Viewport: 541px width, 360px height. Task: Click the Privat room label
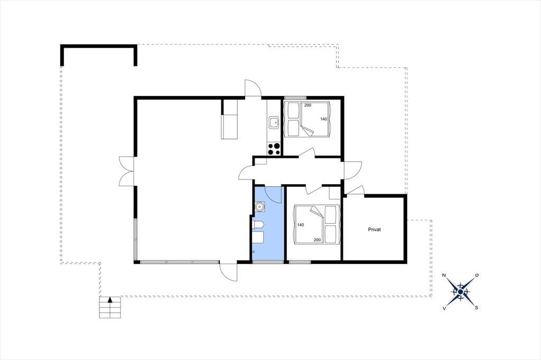click(x=375, y=229)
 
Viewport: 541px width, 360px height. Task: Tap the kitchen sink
click(x=274, y=122)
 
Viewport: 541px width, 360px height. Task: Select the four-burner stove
click(x=274, y=149)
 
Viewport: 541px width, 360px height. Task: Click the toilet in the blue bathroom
click(x=258, y=225)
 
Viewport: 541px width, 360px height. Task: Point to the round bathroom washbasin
click(x=259, y=206)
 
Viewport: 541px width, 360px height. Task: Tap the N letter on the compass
click(x=444, y=275)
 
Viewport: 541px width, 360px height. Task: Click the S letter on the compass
click(x=477, y=308)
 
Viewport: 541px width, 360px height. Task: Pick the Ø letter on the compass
click(x=477, y=275)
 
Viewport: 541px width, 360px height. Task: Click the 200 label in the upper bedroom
click(x=308, y=105)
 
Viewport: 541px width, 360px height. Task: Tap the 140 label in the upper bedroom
click(x=324, y=119)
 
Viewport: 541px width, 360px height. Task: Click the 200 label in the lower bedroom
click(x=317, y=240)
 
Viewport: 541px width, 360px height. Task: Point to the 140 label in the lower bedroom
click(x=301, y=225)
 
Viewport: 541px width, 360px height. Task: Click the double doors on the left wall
click(x=126, y=172)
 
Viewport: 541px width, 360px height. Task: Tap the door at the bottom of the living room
click(x=228, y=272)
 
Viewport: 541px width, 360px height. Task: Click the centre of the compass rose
click(x=460, y=291)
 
